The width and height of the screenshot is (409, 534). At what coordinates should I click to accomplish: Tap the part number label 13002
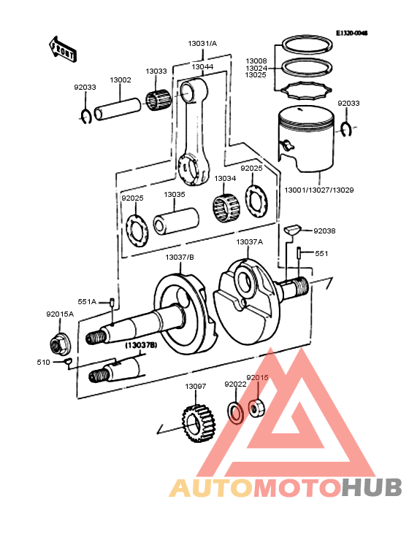[121, 80]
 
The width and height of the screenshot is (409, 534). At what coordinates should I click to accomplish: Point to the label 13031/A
[202, 44]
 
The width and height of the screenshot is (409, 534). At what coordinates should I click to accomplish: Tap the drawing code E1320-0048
[351, 34]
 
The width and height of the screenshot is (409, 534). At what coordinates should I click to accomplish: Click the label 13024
[256, 68]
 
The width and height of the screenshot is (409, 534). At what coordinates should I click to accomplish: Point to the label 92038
[324, 231]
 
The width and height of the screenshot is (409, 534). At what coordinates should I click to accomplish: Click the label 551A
[87, 301]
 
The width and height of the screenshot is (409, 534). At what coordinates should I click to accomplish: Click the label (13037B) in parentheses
[139, 344]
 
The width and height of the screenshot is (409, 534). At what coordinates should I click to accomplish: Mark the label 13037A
[249, 241]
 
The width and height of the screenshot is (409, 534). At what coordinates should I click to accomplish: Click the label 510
[43, 362]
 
